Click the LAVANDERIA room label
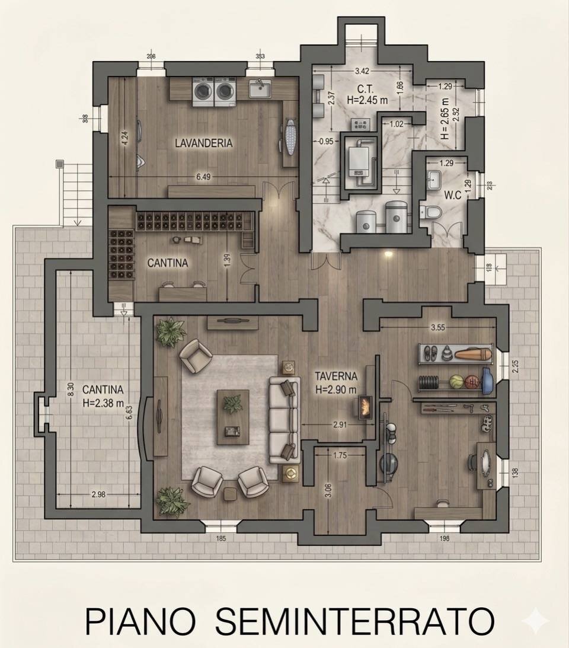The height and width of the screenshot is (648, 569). tap(203, 143)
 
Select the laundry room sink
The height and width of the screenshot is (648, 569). tap(260, 89)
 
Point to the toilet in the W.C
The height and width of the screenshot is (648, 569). tap(431, 212)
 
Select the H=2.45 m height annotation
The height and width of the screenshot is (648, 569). tap(367, 100)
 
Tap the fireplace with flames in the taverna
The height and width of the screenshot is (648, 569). tap(365, 407)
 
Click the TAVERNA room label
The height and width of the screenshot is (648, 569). tap(335, 376)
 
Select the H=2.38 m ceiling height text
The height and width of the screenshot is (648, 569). tap(103, 404)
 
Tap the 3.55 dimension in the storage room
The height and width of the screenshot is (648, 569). tap(437, 327)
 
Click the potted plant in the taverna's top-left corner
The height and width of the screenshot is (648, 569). tap(171, 330)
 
